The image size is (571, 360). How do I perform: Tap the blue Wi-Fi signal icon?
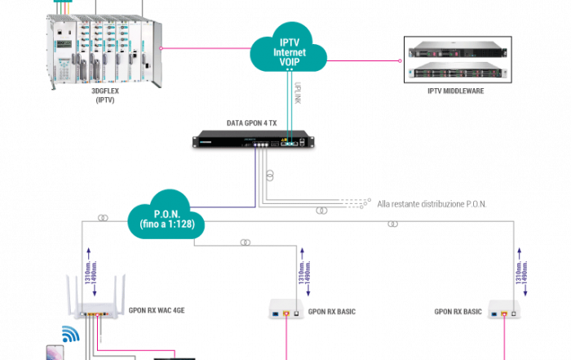pyautogui.click(x=69, y=334)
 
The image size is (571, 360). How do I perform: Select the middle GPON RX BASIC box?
pyautogui.click(x=285, y=310)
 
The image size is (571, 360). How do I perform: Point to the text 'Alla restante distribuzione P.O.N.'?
pyautogui.click(x=432, y=203)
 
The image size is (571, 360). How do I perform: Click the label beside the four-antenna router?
pyautogui.click(x=154, y=311)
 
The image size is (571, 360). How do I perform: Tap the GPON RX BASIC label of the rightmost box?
pyautogui.click(x=459, y=311)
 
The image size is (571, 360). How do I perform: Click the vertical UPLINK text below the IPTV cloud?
pyautogui.click(x=298, y=92)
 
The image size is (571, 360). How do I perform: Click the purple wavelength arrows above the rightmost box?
pyautogui.click(x=521, y=278)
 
